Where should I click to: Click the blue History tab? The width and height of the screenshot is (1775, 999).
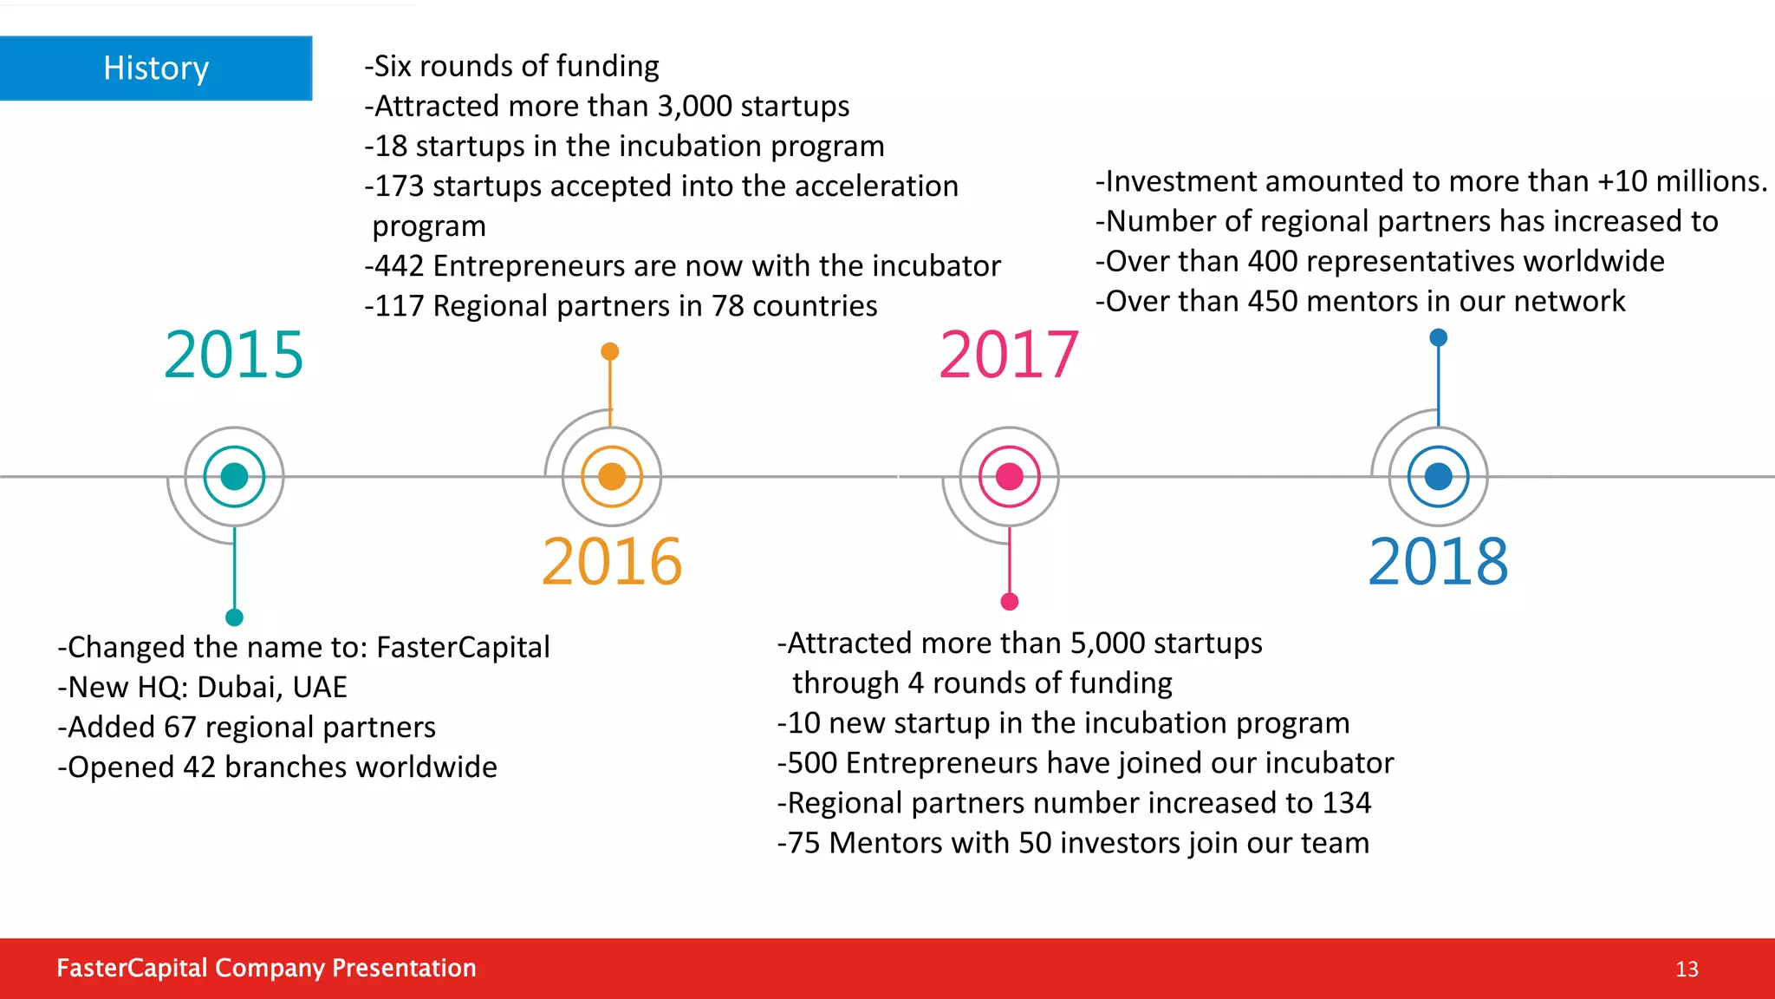click(156, 68)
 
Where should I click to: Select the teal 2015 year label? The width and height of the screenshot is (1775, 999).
click(234, 355)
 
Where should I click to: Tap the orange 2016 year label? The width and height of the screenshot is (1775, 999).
click(612, 562)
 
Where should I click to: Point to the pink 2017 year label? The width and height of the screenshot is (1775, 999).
click(1009, 355)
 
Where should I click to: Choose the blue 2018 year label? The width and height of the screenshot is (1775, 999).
click(1439, 562)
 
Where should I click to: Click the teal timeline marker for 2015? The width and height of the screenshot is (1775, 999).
click(234, 476)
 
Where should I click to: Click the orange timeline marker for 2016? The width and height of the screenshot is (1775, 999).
click(612, 476)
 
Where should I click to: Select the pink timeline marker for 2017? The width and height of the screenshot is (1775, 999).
click(1010, 476)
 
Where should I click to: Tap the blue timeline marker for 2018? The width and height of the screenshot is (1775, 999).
click(1439, 476)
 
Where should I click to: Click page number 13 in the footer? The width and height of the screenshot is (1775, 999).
click(1687, 969)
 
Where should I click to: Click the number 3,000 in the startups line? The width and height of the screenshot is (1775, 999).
click(694, 106)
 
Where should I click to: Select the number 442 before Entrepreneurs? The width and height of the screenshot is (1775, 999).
click(399, 265)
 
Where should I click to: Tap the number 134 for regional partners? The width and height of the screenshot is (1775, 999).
click(1347, 803)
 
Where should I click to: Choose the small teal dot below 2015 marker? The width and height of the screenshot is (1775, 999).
click(234, 617)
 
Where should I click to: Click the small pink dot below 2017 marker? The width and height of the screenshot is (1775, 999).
click(1010, 602)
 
